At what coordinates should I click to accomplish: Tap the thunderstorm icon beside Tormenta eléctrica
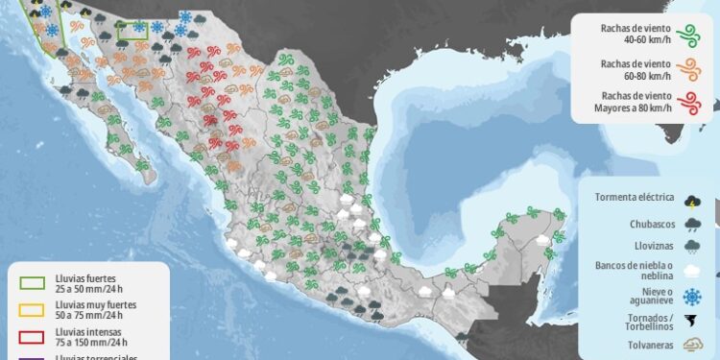coord(692,200)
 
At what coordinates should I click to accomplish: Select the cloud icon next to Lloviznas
coord(692,247)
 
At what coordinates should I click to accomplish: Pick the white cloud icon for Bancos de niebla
coord(692,271)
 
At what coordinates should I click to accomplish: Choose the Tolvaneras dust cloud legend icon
coord(692,344)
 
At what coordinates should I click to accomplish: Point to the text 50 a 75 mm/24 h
coord(84,315)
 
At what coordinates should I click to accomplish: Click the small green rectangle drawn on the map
coord(131,32)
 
